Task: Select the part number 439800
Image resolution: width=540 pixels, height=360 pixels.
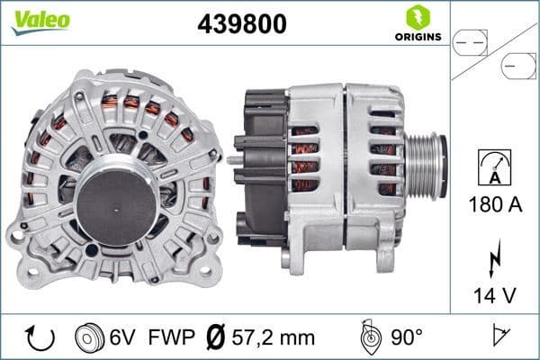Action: pos(241,24)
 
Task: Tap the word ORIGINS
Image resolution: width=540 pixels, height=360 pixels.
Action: pos(417,37)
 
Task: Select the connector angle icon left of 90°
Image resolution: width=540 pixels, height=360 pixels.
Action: pos(368,337)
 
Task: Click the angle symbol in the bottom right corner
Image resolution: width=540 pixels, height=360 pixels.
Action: pos(497,337)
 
